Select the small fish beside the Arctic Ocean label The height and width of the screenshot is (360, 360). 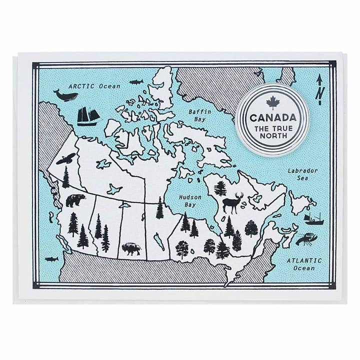tap(136, 82)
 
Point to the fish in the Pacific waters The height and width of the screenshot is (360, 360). tap(51, 259)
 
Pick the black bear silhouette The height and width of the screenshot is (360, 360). tap(75, 200)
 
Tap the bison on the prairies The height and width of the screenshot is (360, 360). tap(131, 248)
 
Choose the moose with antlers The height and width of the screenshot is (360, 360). tap(232, 202)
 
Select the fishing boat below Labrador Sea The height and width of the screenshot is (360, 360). tap(313, 218)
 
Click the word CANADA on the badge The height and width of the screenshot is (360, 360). tap(272, 118)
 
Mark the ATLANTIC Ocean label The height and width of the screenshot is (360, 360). tap(304, 264)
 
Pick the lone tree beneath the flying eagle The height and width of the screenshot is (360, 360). tap(66, 178)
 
